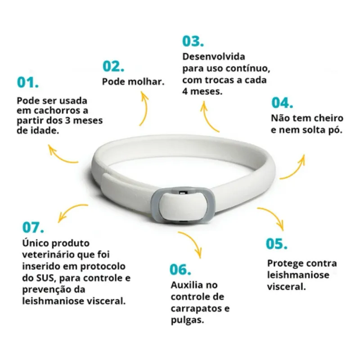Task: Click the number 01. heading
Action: click(27, 83)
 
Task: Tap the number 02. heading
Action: click(113, 67)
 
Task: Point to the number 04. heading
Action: click(282, 103)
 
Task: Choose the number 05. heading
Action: click(276, 244)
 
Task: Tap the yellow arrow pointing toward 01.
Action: click(63, 155)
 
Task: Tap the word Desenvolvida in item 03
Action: click(213, 58)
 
